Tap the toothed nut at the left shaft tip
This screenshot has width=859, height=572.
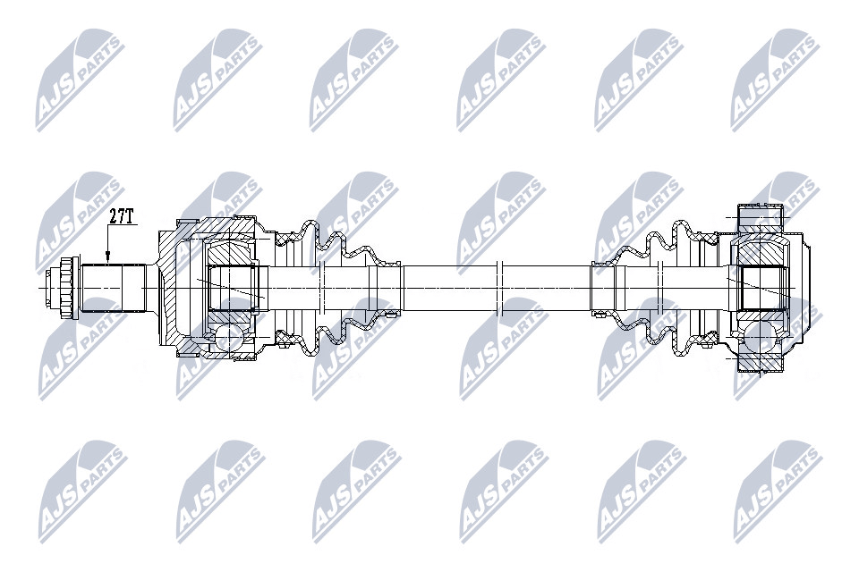pos(66,288)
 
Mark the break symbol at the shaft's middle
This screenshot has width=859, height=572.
pos(498,288)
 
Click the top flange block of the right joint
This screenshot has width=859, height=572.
pos(761,218)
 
